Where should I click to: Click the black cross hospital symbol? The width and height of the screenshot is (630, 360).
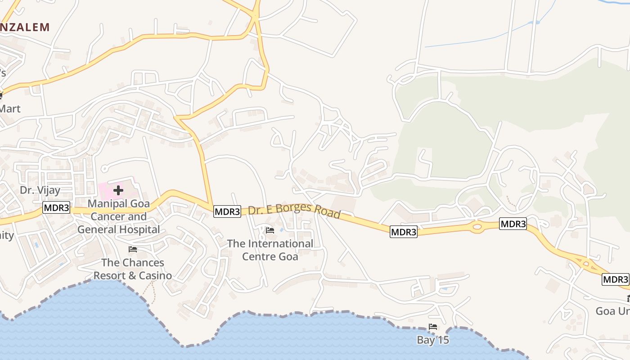118,190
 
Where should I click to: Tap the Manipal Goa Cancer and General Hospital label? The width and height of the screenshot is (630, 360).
118,216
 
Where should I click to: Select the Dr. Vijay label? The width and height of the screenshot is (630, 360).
40,190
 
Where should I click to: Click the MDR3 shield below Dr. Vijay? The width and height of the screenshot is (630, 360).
57,207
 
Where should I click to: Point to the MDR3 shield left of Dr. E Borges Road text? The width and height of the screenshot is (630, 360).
227,211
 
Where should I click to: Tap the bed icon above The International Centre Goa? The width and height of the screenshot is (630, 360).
270,230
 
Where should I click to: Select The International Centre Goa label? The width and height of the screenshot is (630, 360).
270,250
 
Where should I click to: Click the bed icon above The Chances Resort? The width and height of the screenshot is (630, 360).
133,249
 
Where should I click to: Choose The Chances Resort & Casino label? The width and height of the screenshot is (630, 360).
133,269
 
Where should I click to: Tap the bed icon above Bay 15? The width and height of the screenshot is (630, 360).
433,327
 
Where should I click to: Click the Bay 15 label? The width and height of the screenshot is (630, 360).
433,340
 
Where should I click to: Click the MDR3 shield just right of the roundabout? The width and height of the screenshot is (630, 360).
513,224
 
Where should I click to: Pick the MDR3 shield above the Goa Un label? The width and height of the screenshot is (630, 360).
615,279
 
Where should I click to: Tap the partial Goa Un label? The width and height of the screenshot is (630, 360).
612,311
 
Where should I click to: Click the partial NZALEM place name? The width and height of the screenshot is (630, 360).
25,27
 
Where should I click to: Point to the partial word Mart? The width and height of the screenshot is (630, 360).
10,108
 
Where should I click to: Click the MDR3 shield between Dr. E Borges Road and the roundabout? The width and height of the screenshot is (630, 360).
403,232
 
